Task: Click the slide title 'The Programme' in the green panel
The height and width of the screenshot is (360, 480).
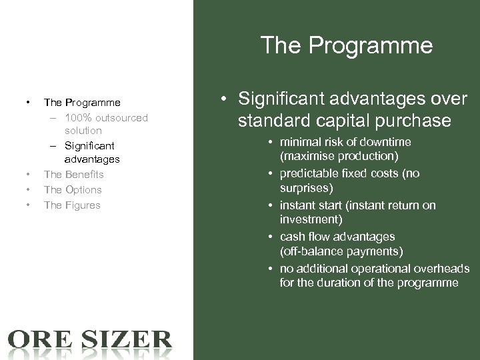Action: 346,45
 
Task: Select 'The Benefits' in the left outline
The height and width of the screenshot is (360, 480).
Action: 73,174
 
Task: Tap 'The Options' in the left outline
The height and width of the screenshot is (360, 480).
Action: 73,189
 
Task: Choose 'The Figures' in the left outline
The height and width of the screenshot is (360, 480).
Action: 72,205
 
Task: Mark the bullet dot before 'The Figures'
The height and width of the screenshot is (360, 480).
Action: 28,205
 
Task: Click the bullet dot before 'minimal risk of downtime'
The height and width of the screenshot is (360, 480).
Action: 272,142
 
